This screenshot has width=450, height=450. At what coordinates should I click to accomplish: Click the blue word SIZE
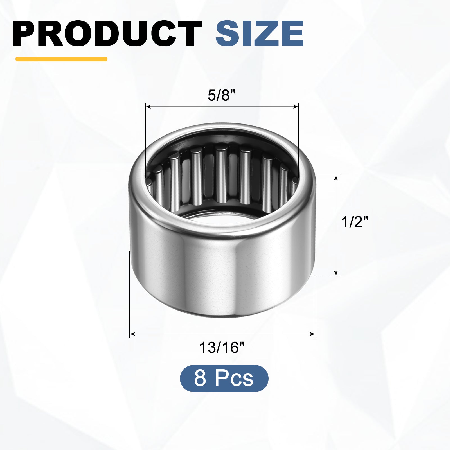point(260,33)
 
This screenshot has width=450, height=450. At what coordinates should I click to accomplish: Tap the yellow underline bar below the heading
point(61,59)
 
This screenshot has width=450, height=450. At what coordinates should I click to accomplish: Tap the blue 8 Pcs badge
point(224,378)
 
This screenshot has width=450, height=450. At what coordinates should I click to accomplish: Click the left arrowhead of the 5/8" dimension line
point(148,107)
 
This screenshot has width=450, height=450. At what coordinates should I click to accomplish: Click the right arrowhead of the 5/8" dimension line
point(296,107)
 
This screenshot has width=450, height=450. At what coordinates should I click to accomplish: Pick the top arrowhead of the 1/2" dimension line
point(336,178)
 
